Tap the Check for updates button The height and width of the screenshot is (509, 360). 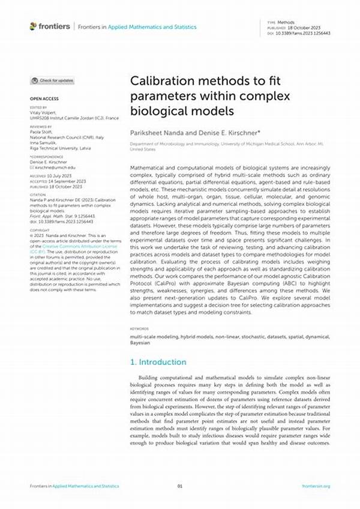[53, 80]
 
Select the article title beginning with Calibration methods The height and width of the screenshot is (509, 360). [210, 95]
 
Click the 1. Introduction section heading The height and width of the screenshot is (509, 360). [158, 362]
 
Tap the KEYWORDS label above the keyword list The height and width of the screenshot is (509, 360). [139, 329]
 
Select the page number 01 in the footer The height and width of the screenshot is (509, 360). [179, 486]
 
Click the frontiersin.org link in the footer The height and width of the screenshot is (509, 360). [316, 486]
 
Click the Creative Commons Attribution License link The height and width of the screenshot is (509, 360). [61, 246]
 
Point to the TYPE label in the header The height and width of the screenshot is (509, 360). [271, 22]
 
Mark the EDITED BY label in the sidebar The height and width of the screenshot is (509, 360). [38, 108]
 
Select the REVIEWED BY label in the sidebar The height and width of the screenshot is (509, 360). [41, 127]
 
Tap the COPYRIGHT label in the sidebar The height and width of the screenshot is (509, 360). [40, 229]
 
